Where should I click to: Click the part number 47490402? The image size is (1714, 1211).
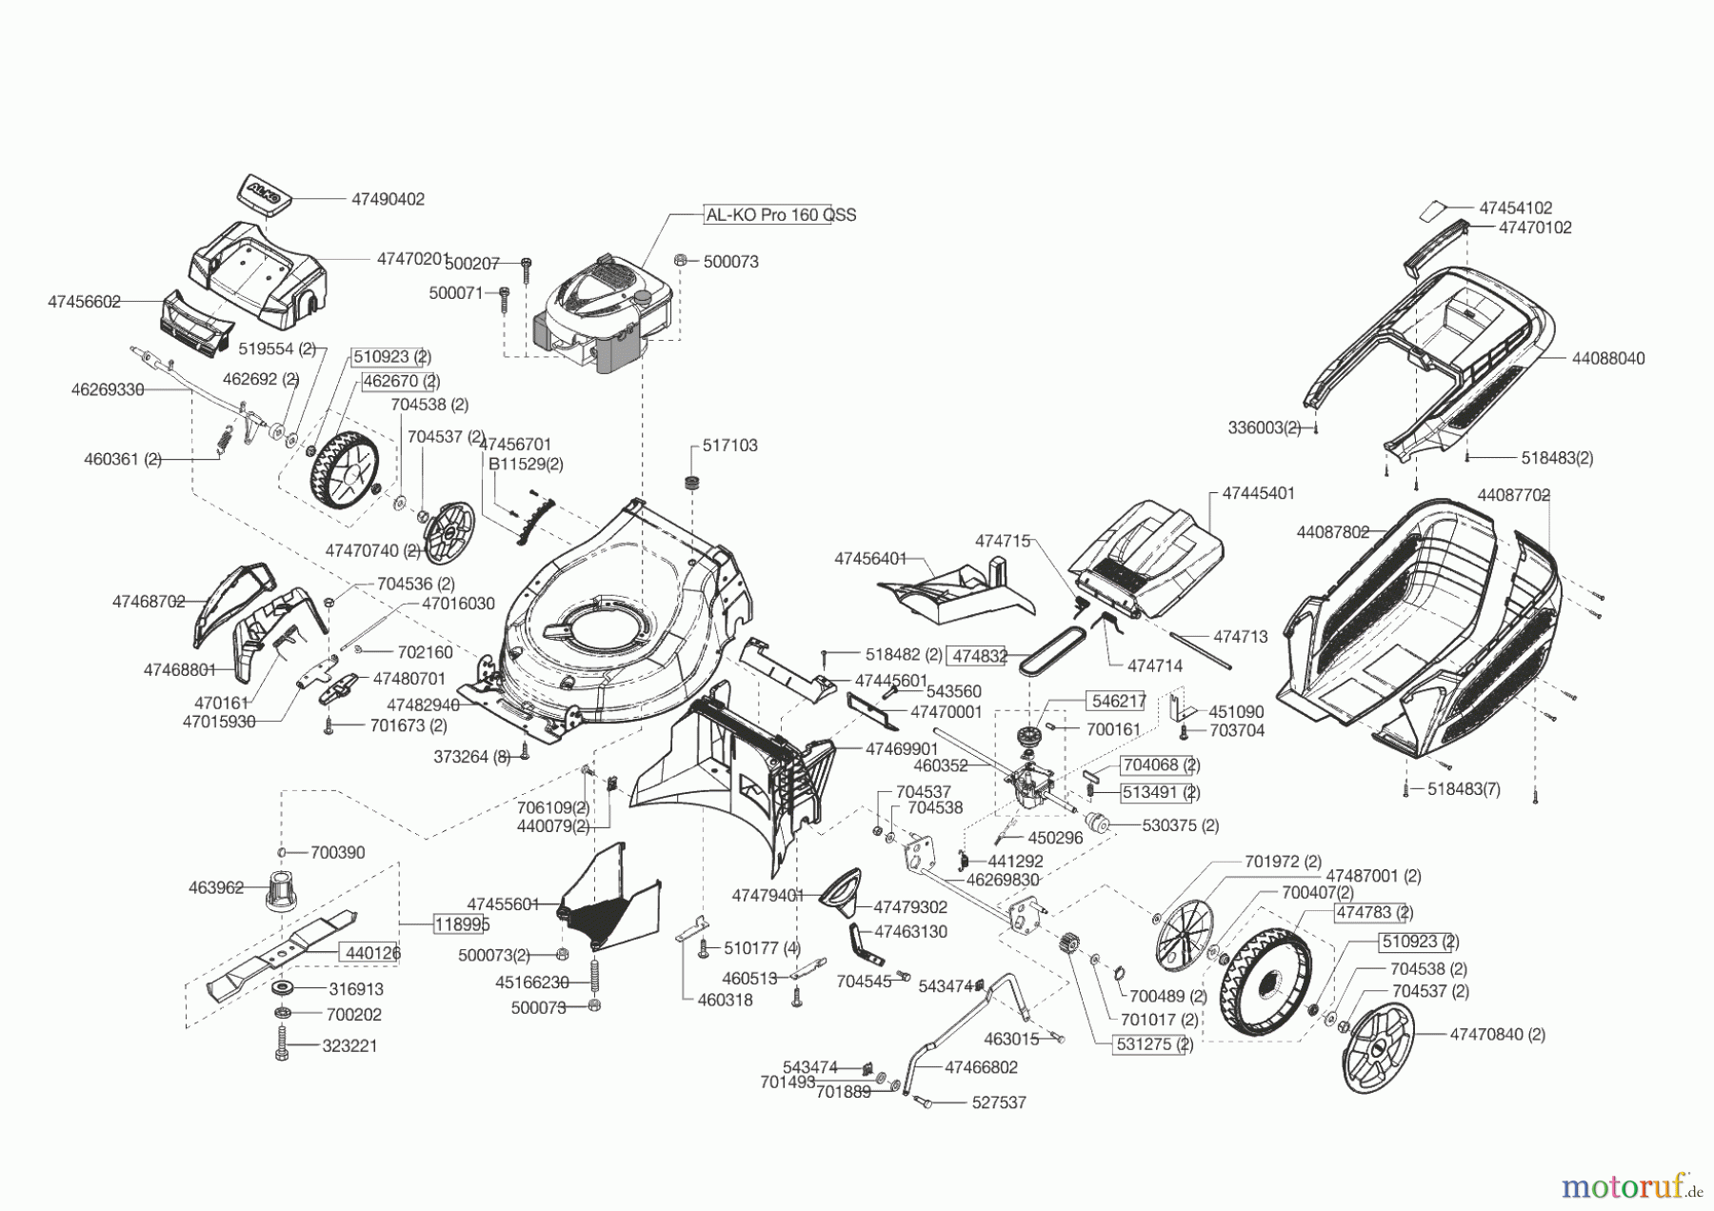click(x=388, y=199)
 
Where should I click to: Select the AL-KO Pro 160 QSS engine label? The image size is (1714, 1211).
click(x=780, y=215)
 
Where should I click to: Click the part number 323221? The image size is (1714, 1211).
click(x=349, y=1045)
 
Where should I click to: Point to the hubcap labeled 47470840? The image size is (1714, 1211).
click(x=1376, y=1047)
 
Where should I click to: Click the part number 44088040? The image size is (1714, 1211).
click(x=1607, y=359)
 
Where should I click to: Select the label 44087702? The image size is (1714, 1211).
click(x=1514, y=495)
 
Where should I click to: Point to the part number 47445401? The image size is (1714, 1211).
click(x=1258, y=493)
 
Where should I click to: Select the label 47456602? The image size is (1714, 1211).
click(x=84, y=302)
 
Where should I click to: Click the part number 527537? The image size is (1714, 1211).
click(x=999, y=1102)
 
